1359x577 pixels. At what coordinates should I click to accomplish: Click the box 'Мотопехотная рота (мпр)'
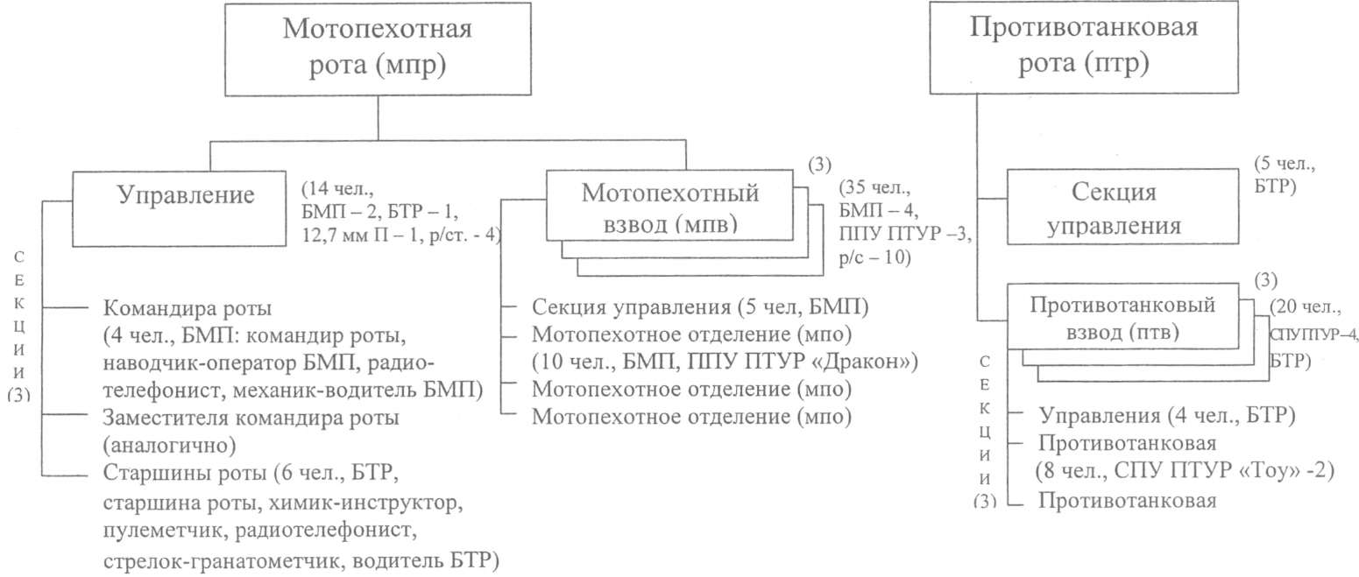click(377, 48)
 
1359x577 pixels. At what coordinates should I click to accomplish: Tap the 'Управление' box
click(186, 196)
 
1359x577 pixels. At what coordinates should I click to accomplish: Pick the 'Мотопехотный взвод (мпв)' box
click(670, 207)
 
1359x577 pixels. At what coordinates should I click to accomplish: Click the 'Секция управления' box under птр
click(1125, 208)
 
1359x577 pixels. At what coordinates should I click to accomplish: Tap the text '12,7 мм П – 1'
click(354, 235)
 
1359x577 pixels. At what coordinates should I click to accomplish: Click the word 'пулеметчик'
click(159, 532)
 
